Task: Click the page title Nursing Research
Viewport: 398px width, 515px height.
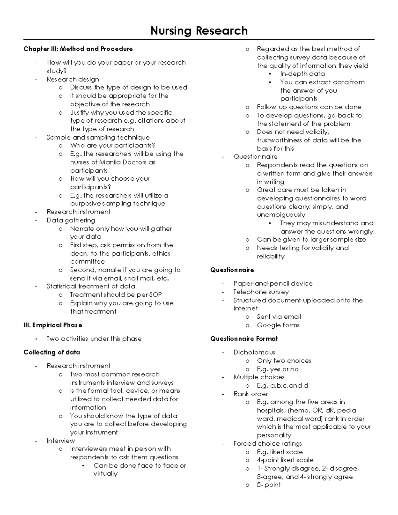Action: pos(199,31)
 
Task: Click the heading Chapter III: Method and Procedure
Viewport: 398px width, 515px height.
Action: pos(78,49)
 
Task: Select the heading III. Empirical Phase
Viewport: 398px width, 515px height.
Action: pos(53,325)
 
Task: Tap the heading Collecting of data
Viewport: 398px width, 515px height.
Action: pos(52,352)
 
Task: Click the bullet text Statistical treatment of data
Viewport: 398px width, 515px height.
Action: pos(91,286)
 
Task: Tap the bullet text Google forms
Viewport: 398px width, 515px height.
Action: pos(278,325)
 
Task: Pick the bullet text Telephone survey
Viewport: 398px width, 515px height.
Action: pos(261,292)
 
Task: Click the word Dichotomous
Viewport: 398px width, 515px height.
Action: pos(254,352)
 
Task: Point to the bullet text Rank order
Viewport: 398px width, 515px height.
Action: pos(251,394)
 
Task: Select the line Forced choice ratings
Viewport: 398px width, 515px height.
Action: pos(268,444)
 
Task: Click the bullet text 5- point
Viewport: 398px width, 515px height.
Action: pos(269,485)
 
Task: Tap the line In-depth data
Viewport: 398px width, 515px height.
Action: pos(302,74)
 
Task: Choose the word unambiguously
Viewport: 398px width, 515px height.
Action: pos(281,215)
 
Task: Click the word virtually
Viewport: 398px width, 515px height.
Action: pos(105,474)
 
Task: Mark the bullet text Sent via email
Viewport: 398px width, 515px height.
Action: pos(279,317)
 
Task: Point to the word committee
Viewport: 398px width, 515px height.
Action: pos(87,262)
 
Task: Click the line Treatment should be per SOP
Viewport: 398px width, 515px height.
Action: pos(116,295)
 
